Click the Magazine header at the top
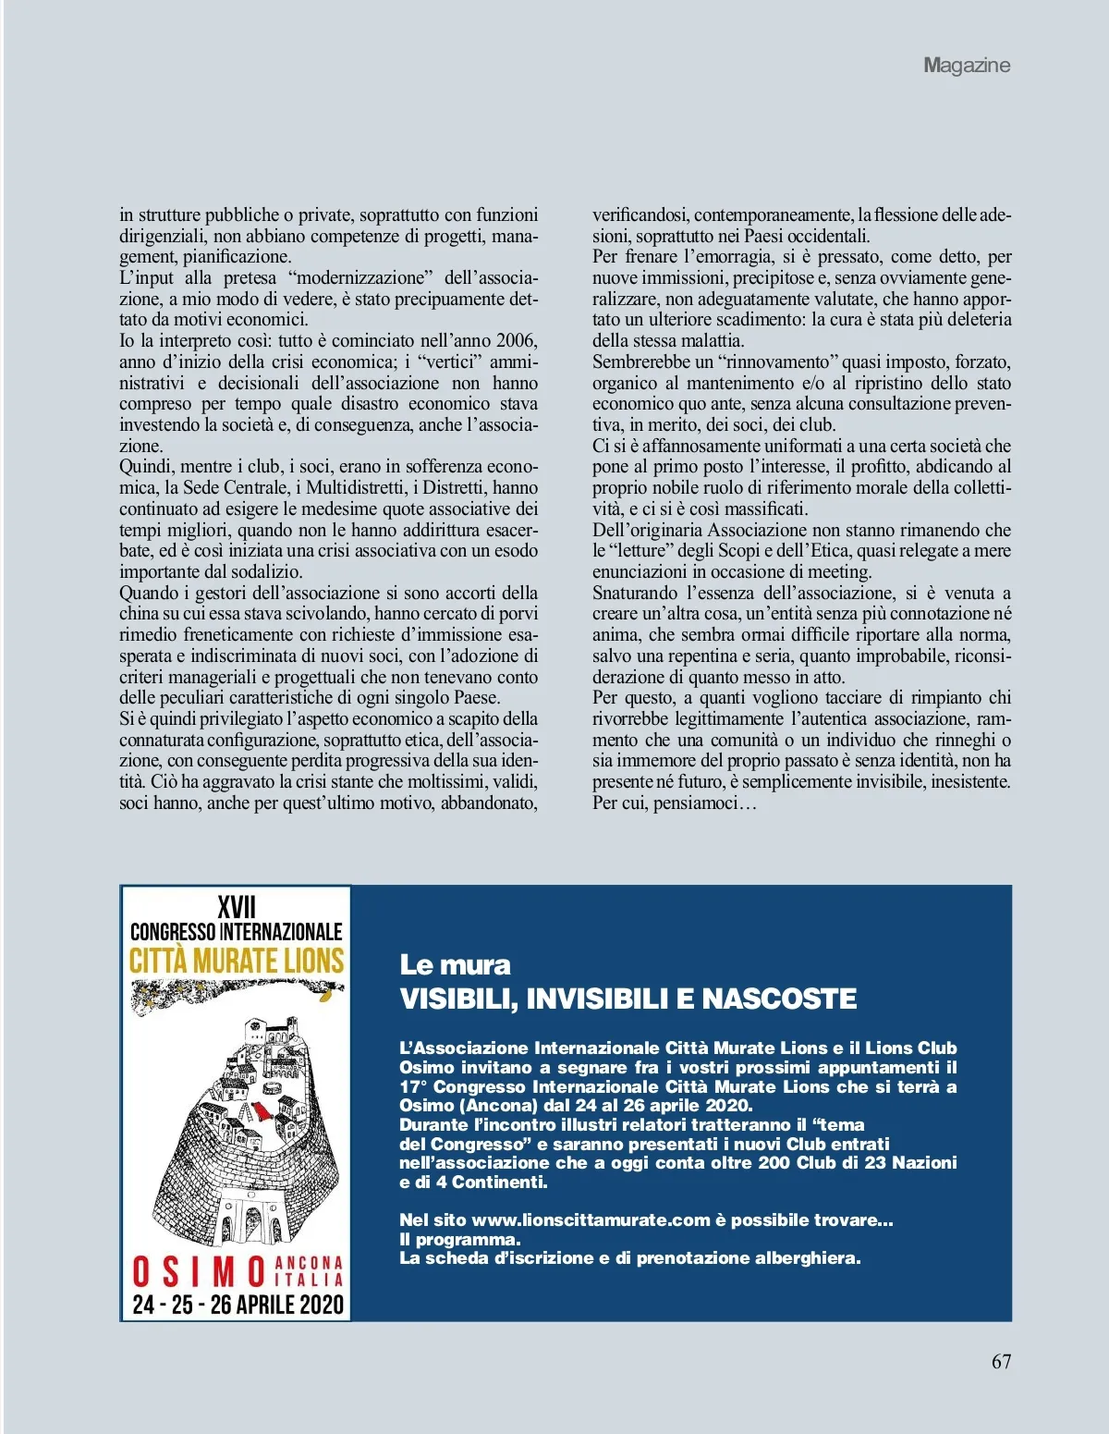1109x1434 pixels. coord(967,66)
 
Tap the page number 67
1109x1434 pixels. coord(1001,1362)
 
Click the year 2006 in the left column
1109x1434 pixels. coord(517,341)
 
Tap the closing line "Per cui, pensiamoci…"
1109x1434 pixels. coord(674,803)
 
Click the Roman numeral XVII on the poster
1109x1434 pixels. coord(237,907)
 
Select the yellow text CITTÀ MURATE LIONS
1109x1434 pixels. coord(237,961)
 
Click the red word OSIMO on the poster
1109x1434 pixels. coord(200,1272)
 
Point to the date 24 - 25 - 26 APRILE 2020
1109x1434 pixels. coord(238,1305)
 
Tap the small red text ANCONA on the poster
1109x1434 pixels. coord(310,1263)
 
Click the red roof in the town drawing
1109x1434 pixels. coord(262,1109)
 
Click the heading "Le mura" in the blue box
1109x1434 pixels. coord(455,965)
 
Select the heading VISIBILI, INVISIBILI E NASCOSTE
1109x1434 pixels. coord(628,999)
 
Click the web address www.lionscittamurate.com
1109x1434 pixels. coord(590,1220)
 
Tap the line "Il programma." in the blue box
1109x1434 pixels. coord(459,1240)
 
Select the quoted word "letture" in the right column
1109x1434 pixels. coord(642,551)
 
